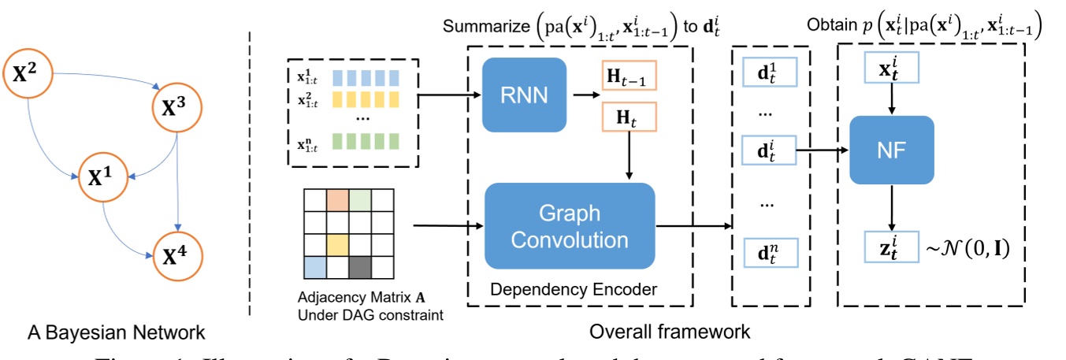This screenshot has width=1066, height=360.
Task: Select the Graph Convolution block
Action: pyautogui.click(x=570, y=227)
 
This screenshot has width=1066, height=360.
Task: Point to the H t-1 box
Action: pyautogui.click(x=629, y=76)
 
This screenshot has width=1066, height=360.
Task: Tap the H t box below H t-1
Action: pyautogui.click(x=629, y=121)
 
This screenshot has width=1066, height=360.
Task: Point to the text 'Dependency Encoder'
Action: pyautogui.click(x=573, y=291)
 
